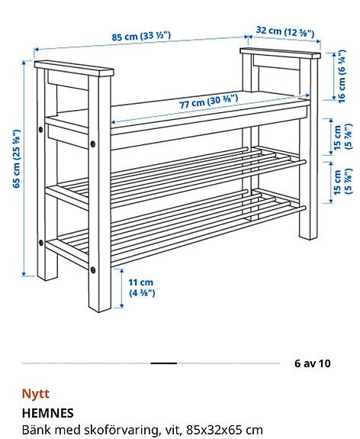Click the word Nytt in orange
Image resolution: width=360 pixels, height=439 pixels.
point(35,395)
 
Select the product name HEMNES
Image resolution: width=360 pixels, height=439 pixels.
point(47,413)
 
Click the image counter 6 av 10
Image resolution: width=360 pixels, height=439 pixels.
point(313,363)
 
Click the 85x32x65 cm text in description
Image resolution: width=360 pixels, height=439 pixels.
point(222,430)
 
